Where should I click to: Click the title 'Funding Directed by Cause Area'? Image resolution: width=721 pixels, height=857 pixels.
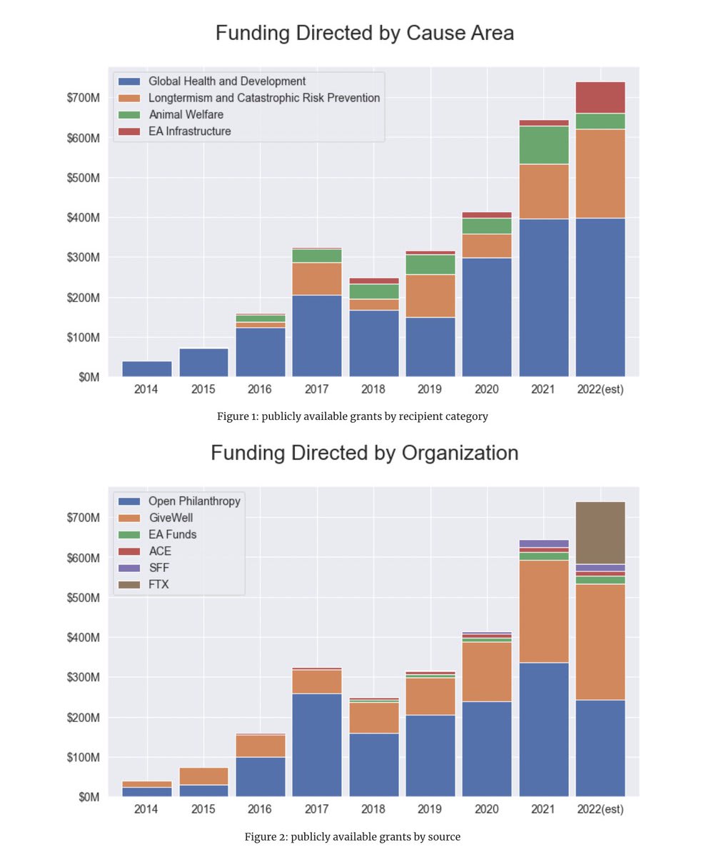[x=364, y=33]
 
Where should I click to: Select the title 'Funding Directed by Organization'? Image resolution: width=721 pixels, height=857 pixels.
[x=364, y=453]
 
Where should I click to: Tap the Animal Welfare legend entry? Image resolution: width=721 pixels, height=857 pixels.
[x=186, y=114]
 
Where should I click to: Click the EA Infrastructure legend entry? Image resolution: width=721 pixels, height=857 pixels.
[x=189, y=131]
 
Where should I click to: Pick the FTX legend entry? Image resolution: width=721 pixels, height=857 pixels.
[x=159, y=585]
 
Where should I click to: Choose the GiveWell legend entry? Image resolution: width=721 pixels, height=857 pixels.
[x=171, y=518]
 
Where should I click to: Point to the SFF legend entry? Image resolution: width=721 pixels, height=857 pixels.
[x=159, y=568]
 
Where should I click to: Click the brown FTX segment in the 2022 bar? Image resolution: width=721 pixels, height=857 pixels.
[x=600, y=533]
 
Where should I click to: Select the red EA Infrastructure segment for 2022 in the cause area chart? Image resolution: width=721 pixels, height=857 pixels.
[x=600, y=98]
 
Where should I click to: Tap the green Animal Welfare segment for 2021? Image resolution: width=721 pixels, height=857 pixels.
[x=544, y=145]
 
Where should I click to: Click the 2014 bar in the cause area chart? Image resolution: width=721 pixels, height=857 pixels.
[x=146, y=369]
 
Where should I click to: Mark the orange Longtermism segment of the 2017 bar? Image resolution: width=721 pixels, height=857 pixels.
[x=317, y=279]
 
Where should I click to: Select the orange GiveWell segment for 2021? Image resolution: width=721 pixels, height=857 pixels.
[x=544, y=611]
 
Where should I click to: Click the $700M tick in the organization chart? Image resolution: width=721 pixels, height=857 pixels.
[x=84, y=517]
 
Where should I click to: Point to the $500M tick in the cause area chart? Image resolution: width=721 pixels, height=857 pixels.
[x=84, y=178]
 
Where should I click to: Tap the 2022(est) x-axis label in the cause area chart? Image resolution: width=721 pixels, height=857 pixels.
[x=600, y=390]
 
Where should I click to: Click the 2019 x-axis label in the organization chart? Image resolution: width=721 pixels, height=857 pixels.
[x=430, y=810]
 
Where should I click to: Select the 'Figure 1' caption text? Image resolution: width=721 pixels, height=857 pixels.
[x=353, y=416]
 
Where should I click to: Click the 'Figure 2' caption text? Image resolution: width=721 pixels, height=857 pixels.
[x=353, y=836]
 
